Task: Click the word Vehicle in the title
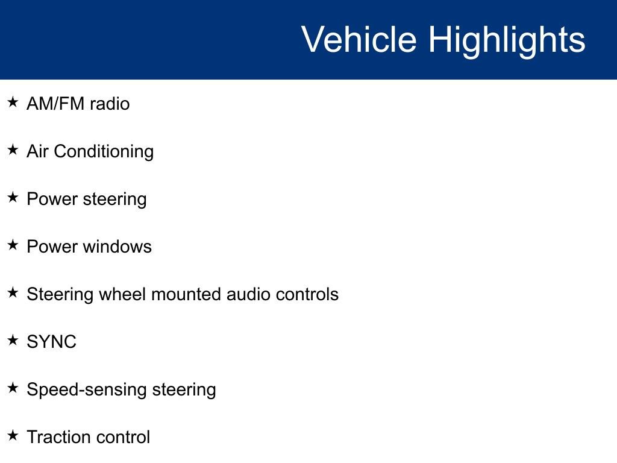tap(359, 40)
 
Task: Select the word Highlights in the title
tap(507, 40)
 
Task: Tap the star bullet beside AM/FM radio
tap(13, 102)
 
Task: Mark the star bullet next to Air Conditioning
tap(13, 150)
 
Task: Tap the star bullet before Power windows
tap(13, 245)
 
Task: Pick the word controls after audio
tap(307, 294)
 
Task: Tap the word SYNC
tap(51, 342)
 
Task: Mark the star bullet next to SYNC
tap(13, 341)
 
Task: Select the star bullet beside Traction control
tap(13, 436)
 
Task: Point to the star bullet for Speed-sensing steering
tap(13, 388)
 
